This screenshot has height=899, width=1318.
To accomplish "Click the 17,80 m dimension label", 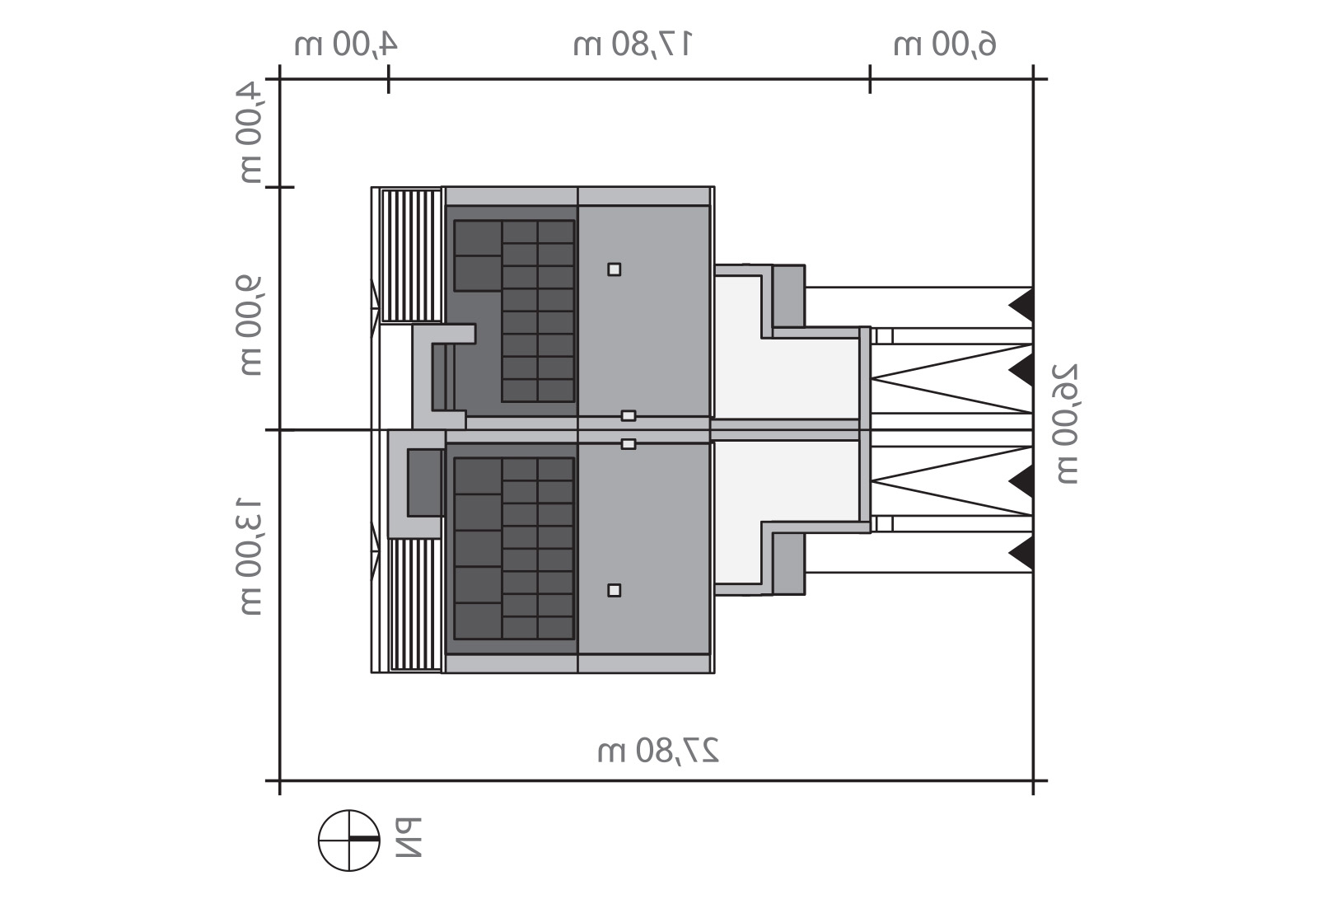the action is [633, 44].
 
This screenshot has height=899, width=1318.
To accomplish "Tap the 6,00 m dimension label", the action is [944, 44].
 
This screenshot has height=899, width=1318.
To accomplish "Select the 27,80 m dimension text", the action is [658, 750].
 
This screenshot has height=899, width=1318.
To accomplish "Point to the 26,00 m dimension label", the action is [1066, 424].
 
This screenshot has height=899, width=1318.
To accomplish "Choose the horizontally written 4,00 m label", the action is [346, 44].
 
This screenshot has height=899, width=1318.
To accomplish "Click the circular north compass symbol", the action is [349, 840].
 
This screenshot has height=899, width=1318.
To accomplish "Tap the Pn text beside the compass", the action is [409, 838].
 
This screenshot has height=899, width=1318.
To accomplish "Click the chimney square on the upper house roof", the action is [615, 269].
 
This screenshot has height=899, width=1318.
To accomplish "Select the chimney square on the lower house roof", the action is [615, 590].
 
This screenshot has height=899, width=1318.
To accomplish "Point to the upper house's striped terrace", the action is [412, 255].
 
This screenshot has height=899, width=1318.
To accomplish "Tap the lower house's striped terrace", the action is [415, 605].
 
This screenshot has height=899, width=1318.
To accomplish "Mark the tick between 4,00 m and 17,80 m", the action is [388, 79].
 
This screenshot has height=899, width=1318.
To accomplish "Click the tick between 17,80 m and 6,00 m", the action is [870, 79].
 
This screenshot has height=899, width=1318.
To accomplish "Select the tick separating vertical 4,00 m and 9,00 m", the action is [279, 187].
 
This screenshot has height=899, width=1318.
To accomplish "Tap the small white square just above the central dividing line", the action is [629, 415].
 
